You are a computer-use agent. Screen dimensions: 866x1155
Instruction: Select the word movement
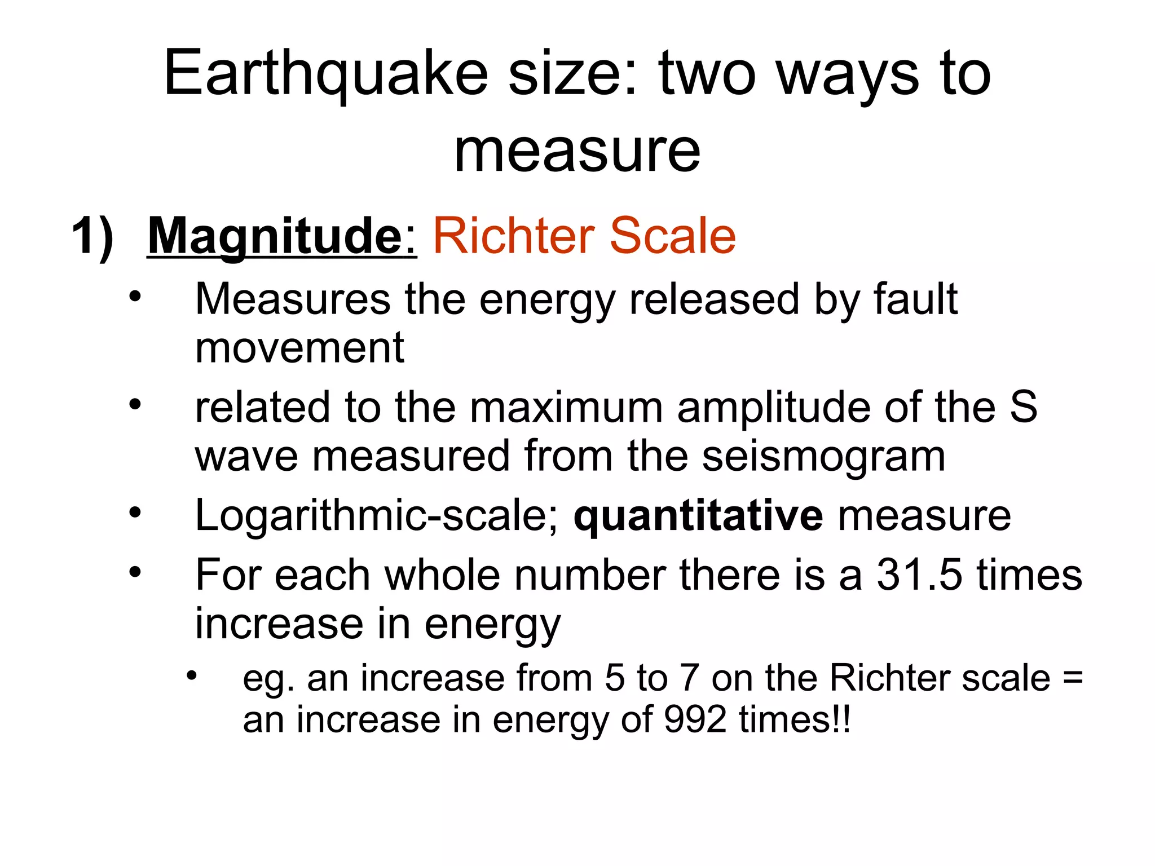299,348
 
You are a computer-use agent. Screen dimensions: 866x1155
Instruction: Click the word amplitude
773,407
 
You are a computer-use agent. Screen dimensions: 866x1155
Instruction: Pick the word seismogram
823,456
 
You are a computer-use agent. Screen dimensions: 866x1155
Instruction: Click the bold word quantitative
698,515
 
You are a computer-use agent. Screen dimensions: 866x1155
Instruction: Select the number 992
695,720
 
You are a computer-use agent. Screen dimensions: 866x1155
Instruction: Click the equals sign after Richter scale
1072,678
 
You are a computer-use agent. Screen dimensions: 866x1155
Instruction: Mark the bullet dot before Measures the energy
135,296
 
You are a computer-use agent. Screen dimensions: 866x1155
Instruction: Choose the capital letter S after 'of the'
1023,407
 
